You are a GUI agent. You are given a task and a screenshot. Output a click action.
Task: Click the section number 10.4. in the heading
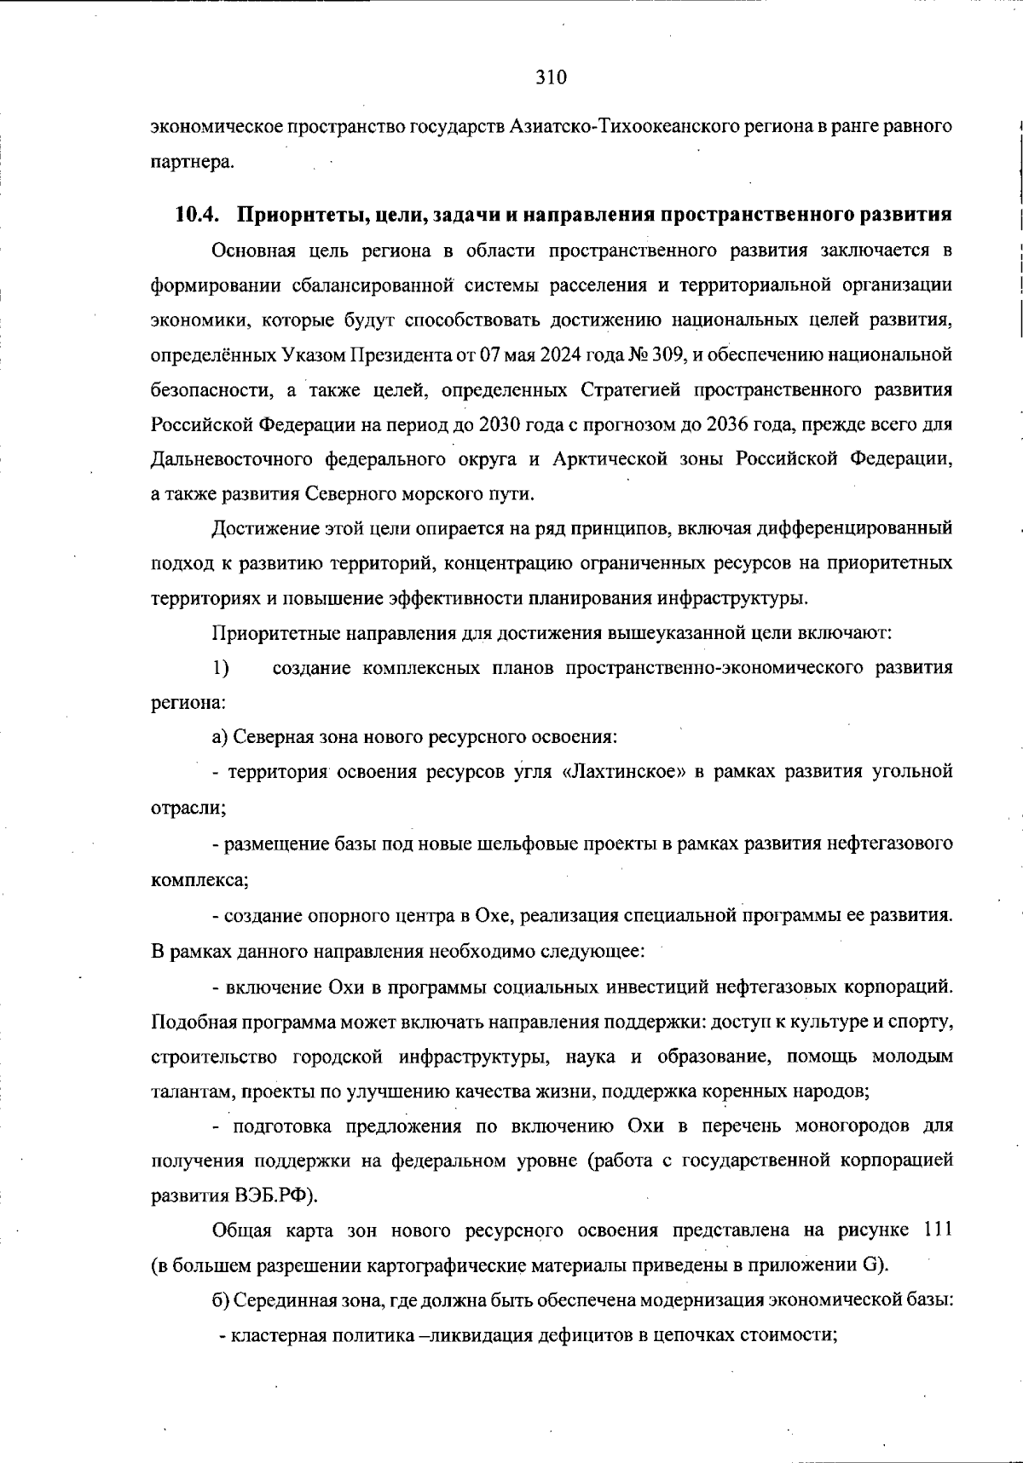197,215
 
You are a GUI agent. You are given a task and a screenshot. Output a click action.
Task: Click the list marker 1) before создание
220,668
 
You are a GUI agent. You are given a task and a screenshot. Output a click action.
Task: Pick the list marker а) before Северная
220,736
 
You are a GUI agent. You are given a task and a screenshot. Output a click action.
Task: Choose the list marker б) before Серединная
221,1300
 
